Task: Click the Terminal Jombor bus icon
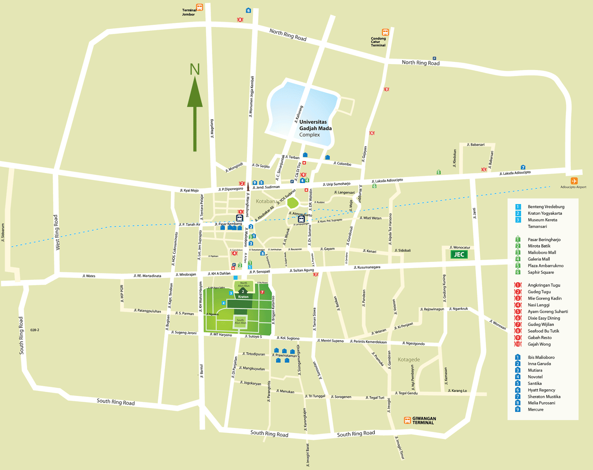tap(199, 7)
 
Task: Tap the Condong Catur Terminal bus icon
tap(385, 33)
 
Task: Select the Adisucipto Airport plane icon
tap(574, 181)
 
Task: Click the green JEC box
tap(459, 254)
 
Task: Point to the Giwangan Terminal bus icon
tap(407, 420)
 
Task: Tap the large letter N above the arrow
tap(195, 69)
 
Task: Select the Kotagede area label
tap(409, 360)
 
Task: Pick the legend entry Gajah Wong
tap(539, 344)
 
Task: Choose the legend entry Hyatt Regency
tap(541, 390)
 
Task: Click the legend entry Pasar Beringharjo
tap(544, 240)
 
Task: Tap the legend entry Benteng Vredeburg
tap(546, 207)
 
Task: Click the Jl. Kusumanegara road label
tap(367, 267)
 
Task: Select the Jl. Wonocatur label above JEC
tap(460, 247)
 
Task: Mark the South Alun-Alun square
tap(240, 321)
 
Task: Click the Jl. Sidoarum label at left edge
tap(3, 233)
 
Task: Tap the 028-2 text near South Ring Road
tap(34, 330)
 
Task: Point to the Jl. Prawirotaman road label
tap(284, 356)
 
